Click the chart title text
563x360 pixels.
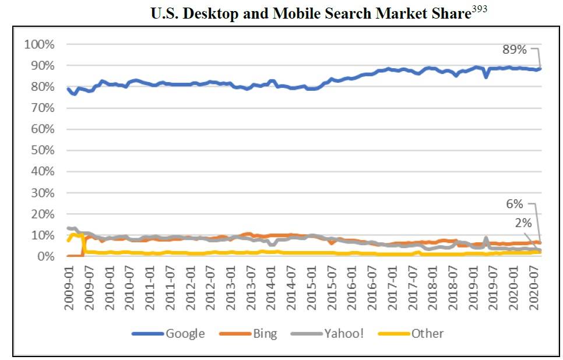[x=311, y=13]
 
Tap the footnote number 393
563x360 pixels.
[x=479, y=9]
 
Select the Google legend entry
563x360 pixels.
[x=168, y=333]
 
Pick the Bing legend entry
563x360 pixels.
[x=248, y=333]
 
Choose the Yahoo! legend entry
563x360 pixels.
[x=327, y=333]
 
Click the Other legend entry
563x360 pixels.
[x=411, y=333]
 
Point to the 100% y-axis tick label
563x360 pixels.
[x=39, y=44]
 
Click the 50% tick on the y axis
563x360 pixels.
[x=43, y=150]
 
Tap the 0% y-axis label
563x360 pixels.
[x=46, y=256]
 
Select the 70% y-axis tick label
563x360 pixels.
[x=43, y=108]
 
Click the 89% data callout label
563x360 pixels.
[x=515, y=50]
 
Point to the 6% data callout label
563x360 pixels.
[x=515, y=204]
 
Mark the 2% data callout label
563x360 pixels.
[x=523, y=223]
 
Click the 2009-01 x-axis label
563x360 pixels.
[x=69, y=288]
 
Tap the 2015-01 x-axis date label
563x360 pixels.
[x=311, y=288]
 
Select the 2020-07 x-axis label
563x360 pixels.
[x=534, y=288]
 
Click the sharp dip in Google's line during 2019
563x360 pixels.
[x=486, y=77]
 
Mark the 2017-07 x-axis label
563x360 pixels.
[x=413, y=288]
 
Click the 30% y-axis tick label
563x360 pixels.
[x=43, y=193]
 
